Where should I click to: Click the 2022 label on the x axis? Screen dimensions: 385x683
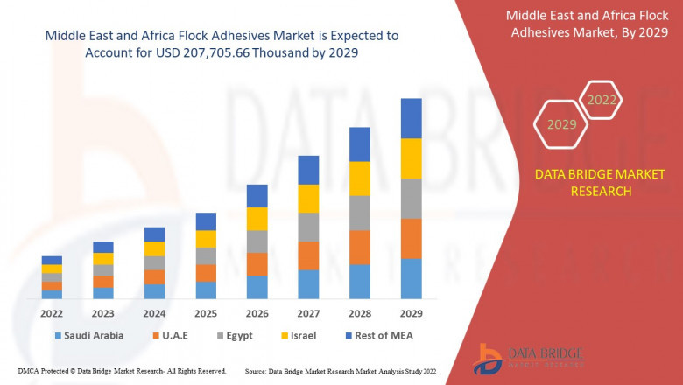coord(52,312)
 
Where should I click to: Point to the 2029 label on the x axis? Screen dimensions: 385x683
coord(411,312)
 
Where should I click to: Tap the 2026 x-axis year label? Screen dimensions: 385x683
coord(257,312)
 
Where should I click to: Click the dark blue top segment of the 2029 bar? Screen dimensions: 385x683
coord(411,118)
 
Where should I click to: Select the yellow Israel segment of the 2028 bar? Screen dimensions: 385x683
coord(360,178)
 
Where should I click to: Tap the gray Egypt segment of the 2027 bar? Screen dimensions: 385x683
coord(308,227)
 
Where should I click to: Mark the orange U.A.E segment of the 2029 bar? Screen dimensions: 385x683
coord(411,238)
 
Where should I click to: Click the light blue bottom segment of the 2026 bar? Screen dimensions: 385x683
coord(257,287)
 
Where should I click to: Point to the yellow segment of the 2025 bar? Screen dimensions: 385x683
coord(206,239)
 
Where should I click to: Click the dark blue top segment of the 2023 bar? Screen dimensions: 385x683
coord(103,247)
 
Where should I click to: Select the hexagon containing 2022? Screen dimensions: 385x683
coord(602,101)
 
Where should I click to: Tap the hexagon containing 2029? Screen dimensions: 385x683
coord(562,125)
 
